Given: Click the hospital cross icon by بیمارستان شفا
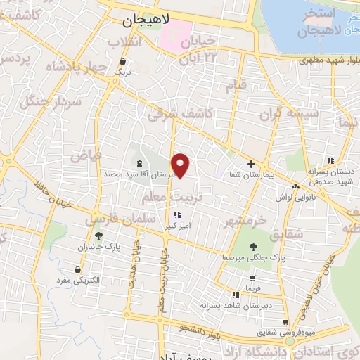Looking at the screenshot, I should coord(251,163).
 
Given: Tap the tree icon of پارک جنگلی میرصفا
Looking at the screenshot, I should coord(253,246).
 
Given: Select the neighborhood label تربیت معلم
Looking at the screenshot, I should coord(188,195).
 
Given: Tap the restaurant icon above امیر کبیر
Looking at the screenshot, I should coord(177,214).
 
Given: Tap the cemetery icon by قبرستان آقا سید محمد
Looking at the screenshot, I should coord(139,163).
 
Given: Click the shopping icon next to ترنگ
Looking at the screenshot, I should coord(124,61).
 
